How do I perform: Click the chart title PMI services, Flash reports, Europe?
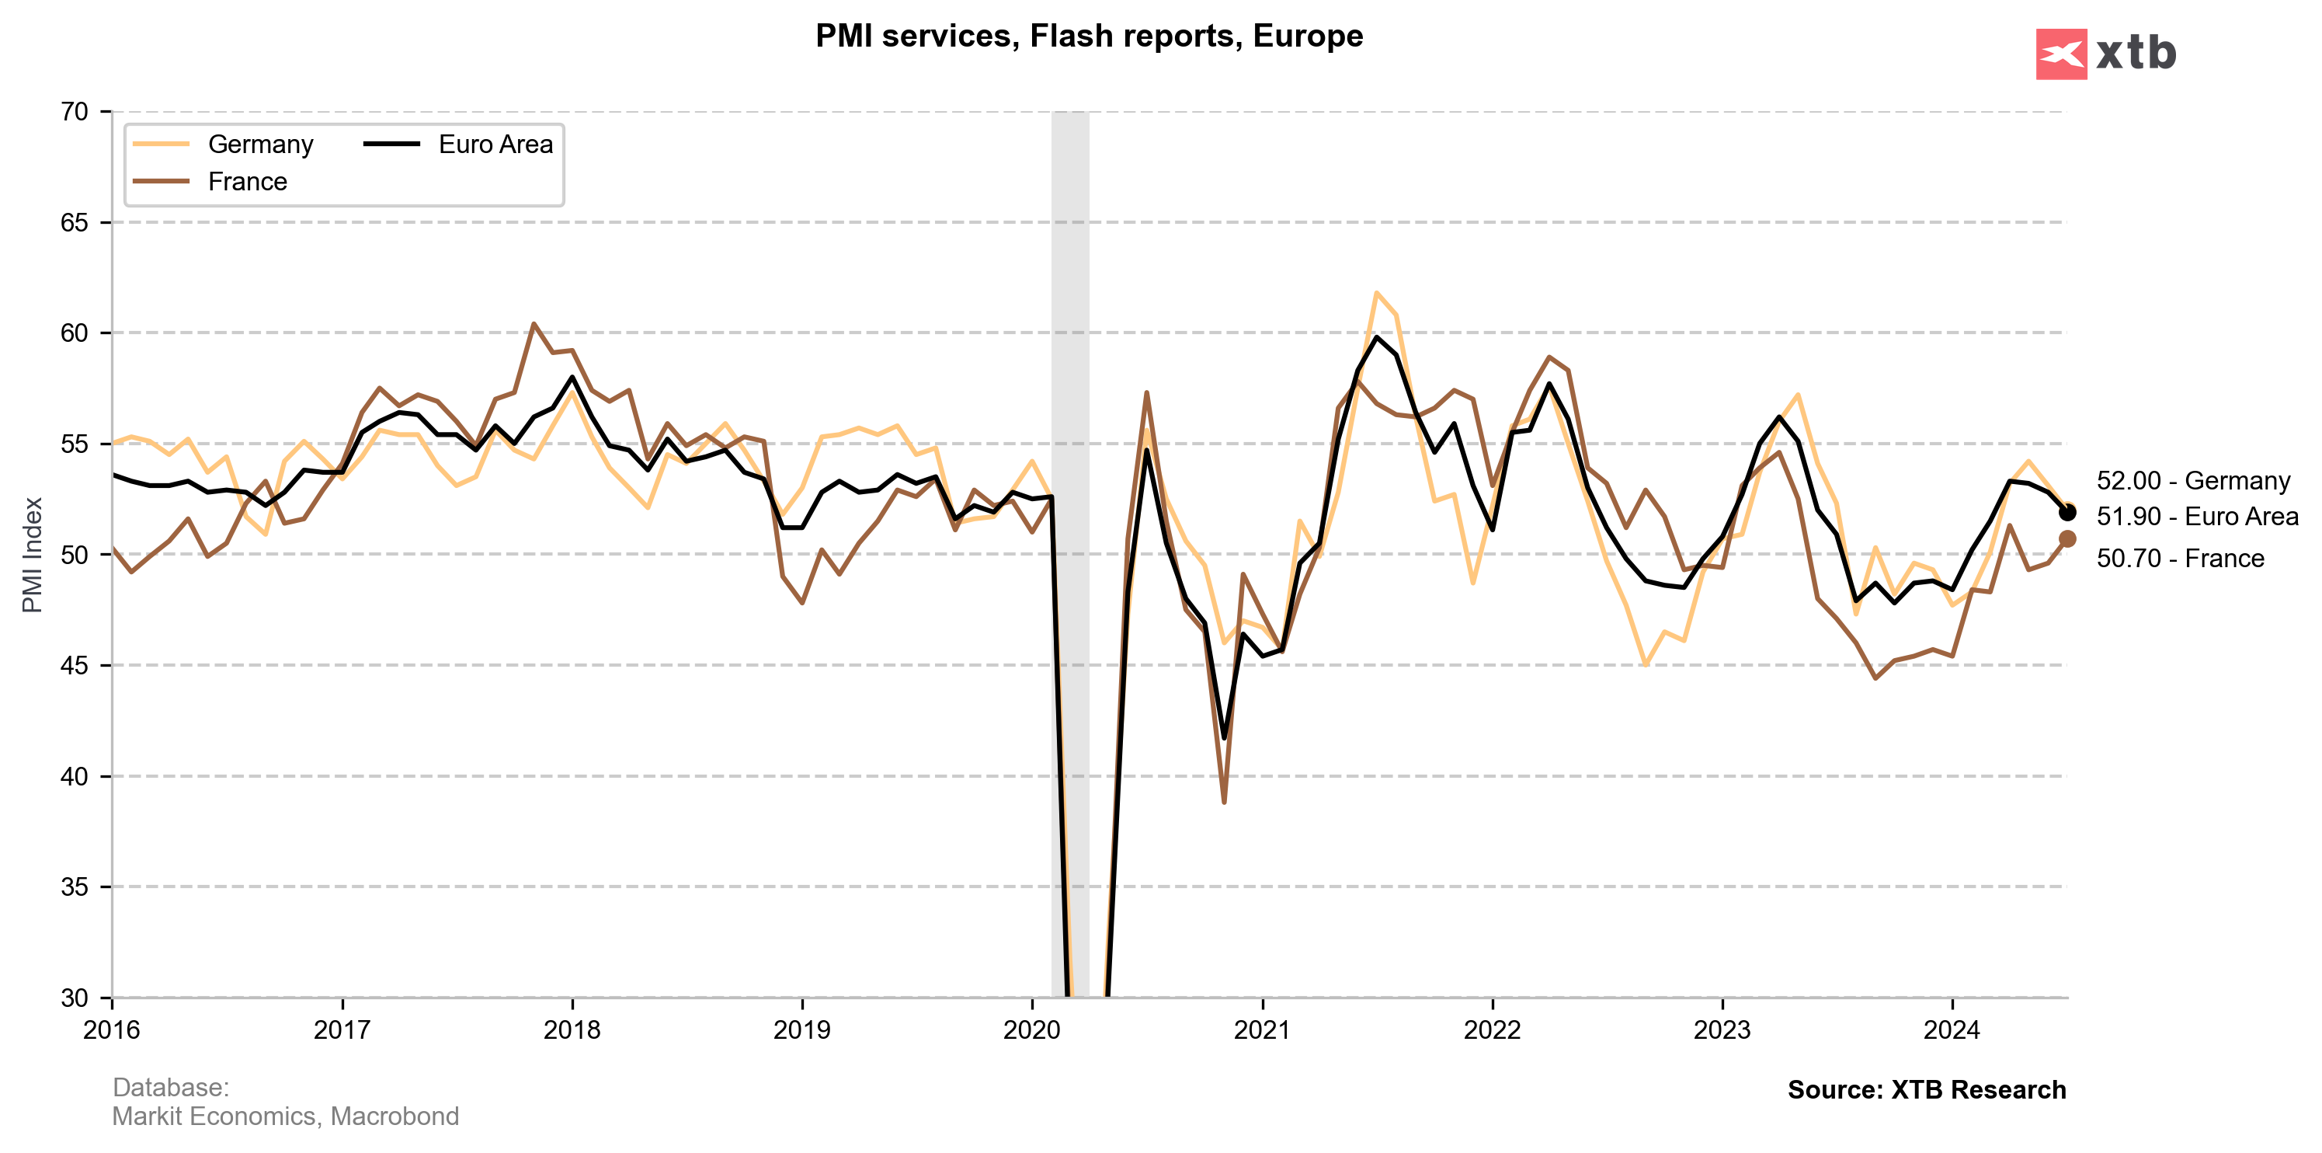click(1089, 36)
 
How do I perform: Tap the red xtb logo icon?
click(2060, 54)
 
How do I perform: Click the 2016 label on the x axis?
click(112, 1029)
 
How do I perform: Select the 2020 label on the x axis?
click(1032, 1029)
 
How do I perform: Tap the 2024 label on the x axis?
click(1952, 1029)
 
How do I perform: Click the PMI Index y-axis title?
click(33, 555)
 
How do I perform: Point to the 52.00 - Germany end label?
click(2192, 480)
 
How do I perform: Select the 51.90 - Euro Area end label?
click(2197, 517)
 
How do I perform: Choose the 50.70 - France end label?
click(2180, 558)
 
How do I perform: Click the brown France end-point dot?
click(2067, 539)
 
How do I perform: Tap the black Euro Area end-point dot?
click(2067, 512)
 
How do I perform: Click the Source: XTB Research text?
click(1926, 1089)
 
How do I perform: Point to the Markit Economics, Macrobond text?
click(285, 1116)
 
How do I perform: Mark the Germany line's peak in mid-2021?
click(1375, 292)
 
